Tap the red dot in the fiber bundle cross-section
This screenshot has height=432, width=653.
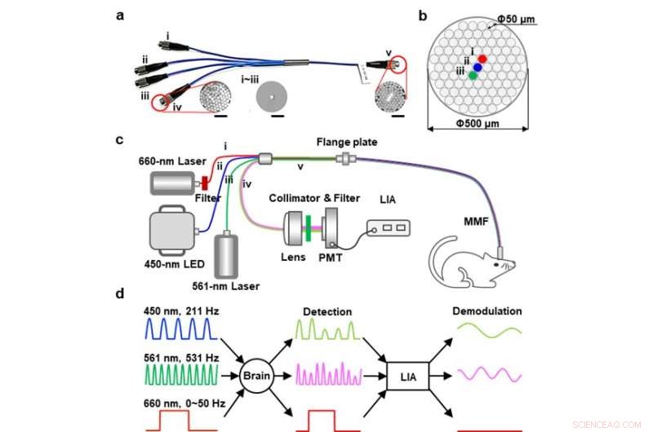[x=483, y=59]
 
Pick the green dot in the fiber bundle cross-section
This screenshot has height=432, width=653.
[x=473, y=76]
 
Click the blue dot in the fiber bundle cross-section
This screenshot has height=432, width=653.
[x=478, y=68]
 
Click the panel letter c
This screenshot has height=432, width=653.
[x=120, y=139]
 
